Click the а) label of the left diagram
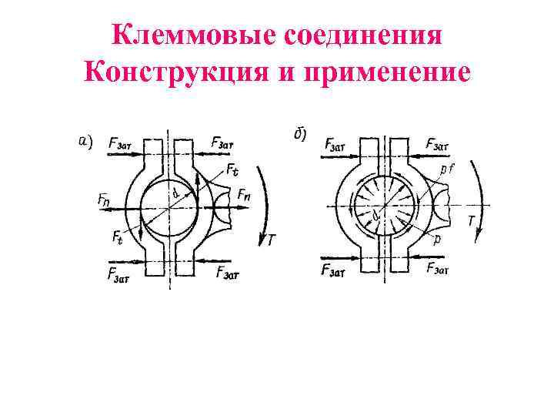coord(85,140)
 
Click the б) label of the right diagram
coord(299,135)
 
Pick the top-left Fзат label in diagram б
coord(336,143)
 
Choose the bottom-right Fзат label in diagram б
coord(439,267)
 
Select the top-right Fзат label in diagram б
coord(438,144)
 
